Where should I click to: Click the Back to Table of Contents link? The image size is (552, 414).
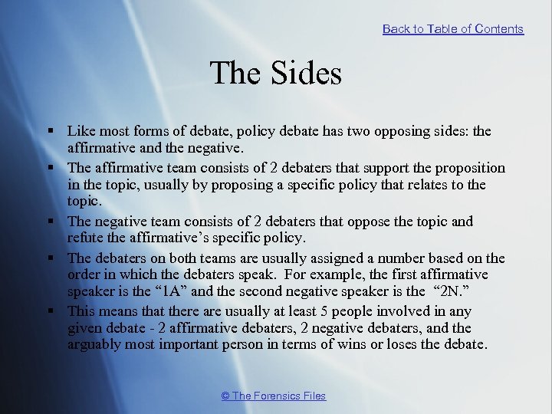coord(452,29)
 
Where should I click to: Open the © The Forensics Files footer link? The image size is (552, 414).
coord(273,396)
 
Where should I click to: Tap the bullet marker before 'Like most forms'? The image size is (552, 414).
coord(50,132)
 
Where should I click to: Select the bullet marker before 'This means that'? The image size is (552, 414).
coord(50,311)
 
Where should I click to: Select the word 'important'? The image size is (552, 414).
coord(193,345)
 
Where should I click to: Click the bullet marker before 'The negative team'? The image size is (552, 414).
coord(50,222)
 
